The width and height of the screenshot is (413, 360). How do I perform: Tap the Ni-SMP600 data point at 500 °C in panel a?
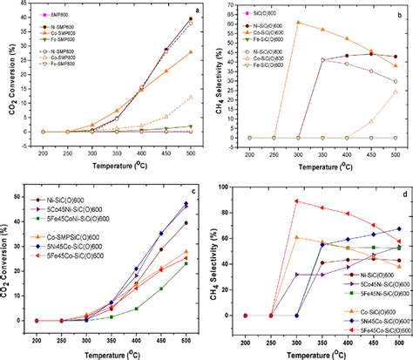click(190, 19)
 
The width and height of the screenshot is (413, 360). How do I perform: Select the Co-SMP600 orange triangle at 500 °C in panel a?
click(190, 51)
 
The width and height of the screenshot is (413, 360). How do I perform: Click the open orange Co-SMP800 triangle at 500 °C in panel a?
click(190, 96)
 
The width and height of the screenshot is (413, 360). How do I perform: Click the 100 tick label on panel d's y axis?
click(224, 186)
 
